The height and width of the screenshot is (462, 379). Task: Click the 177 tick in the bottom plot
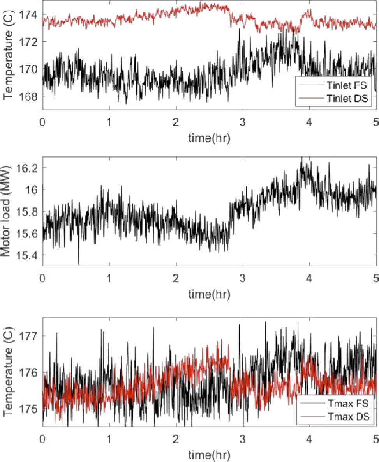31,336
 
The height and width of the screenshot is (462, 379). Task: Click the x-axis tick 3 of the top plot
243,121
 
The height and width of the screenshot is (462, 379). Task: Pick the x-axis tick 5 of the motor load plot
376,278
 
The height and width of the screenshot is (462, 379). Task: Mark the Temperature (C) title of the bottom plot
8,372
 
